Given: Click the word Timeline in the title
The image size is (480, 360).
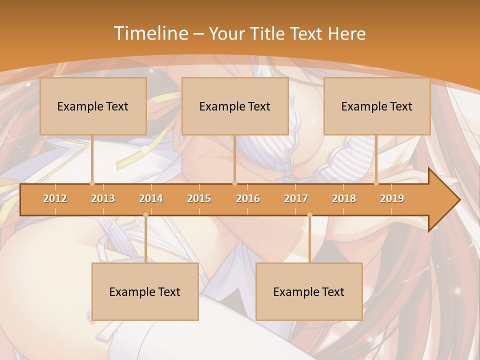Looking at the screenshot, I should click(x=150, y=33).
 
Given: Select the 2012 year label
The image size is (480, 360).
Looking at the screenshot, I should click(x=55, y=198).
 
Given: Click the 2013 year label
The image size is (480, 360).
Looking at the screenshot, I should click(x=103, y=198).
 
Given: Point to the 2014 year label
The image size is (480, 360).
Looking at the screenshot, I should click(x=151, y=198).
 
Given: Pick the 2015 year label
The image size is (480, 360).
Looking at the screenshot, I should click(x=199, y=198).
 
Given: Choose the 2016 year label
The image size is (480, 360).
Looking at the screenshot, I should click(x=248, y=198).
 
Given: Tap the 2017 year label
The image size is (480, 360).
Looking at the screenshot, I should click(x=296, y=198).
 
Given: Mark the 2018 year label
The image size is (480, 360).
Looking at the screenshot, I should click(x=344, y=198).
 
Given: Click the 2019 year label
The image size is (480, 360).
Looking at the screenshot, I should click(x=392, y=198).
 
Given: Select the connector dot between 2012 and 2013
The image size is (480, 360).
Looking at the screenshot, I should click(x=92, y=183).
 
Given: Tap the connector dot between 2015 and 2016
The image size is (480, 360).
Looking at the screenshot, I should click(x=234, y=183).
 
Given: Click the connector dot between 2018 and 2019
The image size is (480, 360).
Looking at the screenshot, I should click(x=376, y=183).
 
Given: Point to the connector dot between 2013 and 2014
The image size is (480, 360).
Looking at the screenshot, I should click(x=145, y=215).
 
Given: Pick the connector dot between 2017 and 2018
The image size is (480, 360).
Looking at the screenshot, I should click(x=309, y=215).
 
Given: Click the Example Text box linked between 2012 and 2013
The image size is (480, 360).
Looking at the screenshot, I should click(x=93, y=106).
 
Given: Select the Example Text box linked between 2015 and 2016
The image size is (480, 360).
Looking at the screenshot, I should click(x=235, y=106).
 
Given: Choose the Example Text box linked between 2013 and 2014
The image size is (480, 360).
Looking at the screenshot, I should click(x=145, y=291).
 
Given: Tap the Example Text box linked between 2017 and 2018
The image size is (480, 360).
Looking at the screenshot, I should click(x=309, y=291).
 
